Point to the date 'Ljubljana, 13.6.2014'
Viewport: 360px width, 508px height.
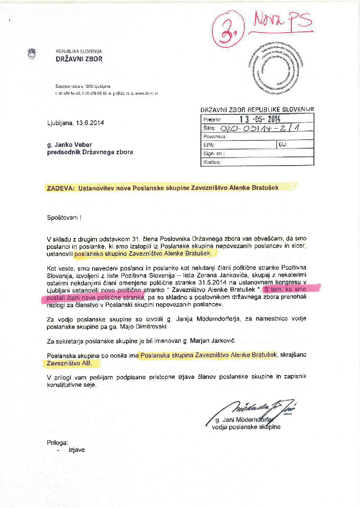[75, 123]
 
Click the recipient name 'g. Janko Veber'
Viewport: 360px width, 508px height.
[69, 144]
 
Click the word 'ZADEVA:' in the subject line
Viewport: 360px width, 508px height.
[60, 188]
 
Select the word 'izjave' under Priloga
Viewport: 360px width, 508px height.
[77, 450]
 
